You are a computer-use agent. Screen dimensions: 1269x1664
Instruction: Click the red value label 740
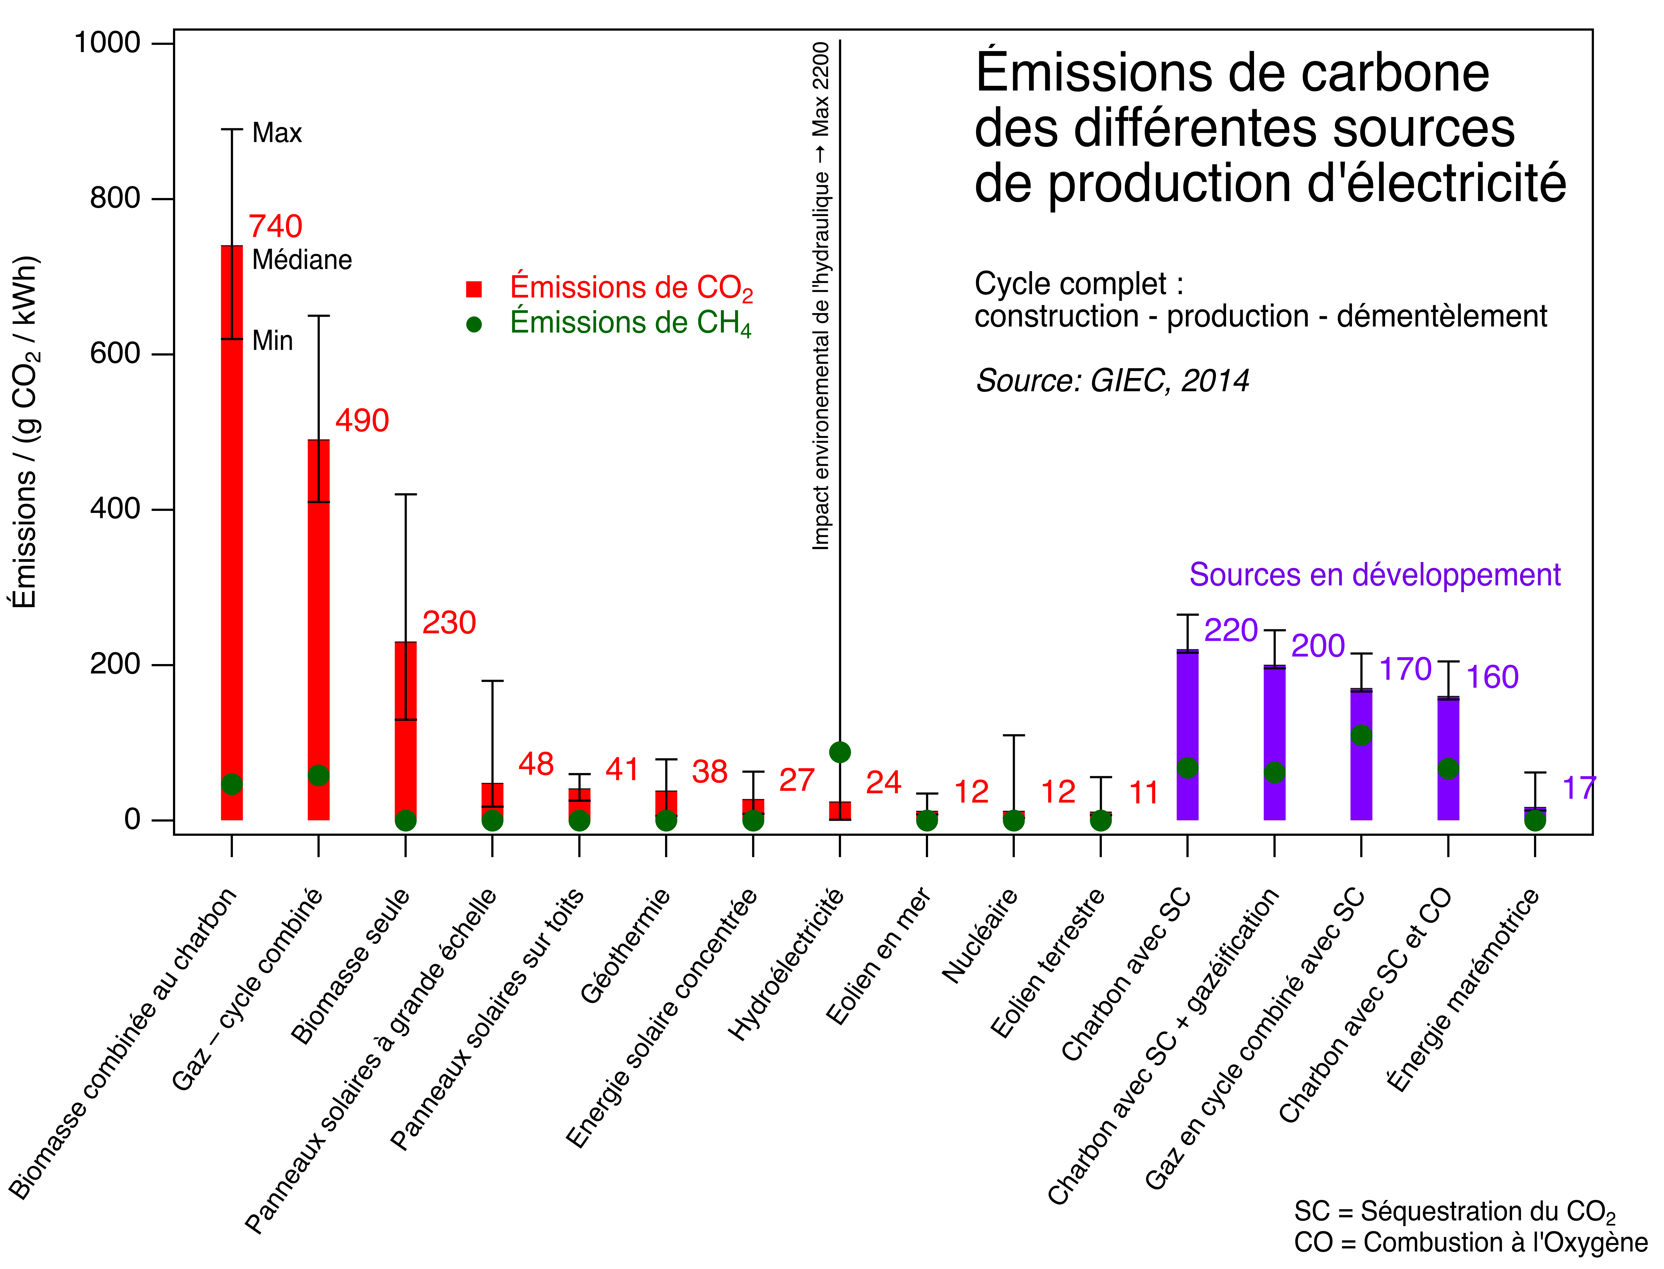(x=275, y=226)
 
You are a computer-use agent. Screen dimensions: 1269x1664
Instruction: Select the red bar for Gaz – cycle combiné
(x=318, y=627)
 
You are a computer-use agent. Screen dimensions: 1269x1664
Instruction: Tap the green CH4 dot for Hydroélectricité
(x=840, y=752)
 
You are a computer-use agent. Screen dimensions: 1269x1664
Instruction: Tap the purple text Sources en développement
(x=1374, y=575)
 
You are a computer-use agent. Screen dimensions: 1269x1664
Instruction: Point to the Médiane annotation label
(x=302, y=260)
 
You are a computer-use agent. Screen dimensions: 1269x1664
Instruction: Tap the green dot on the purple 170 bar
(x=1361, y=735)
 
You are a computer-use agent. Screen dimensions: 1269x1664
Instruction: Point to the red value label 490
(x=362, y=420)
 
